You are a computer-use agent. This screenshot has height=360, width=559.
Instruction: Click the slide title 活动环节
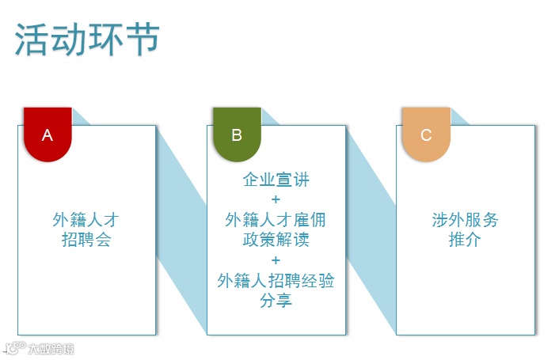pos(87,40)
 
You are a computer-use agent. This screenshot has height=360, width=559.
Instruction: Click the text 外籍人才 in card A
pos(86,220)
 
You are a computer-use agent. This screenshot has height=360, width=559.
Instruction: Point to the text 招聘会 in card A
pos(86,239)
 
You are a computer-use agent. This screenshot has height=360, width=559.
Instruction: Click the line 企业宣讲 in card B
pos(276,180)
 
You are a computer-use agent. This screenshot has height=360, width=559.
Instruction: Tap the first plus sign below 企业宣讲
pos(276,199)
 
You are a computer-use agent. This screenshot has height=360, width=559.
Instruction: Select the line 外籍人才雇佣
pos(276,220)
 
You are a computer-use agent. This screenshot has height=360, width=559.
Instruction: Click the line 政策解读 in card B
pos(276,240)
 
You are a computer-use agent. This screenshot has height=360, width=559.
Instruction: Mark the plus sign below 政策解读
pos(276,260)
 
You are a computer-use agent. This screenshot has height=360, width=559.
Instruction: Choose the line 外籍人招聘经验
pos(276,280)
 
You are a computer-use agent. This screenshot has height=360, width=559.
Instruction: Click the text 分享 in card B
pos(276,301)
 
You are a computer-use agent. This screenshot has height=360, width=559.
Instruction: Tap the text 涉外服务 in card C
pos(465,220)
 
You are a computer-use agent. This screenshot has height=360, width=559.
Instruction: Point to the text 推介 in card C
pos(465,240)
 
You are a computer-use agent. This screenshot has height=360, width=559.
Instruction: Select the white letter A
pos(48,135)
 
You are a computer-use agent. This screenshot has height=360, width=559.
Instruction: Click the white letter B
pos(237,135)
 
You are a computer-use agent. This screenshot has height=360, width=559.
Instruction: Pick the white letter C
pos(426,135)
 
